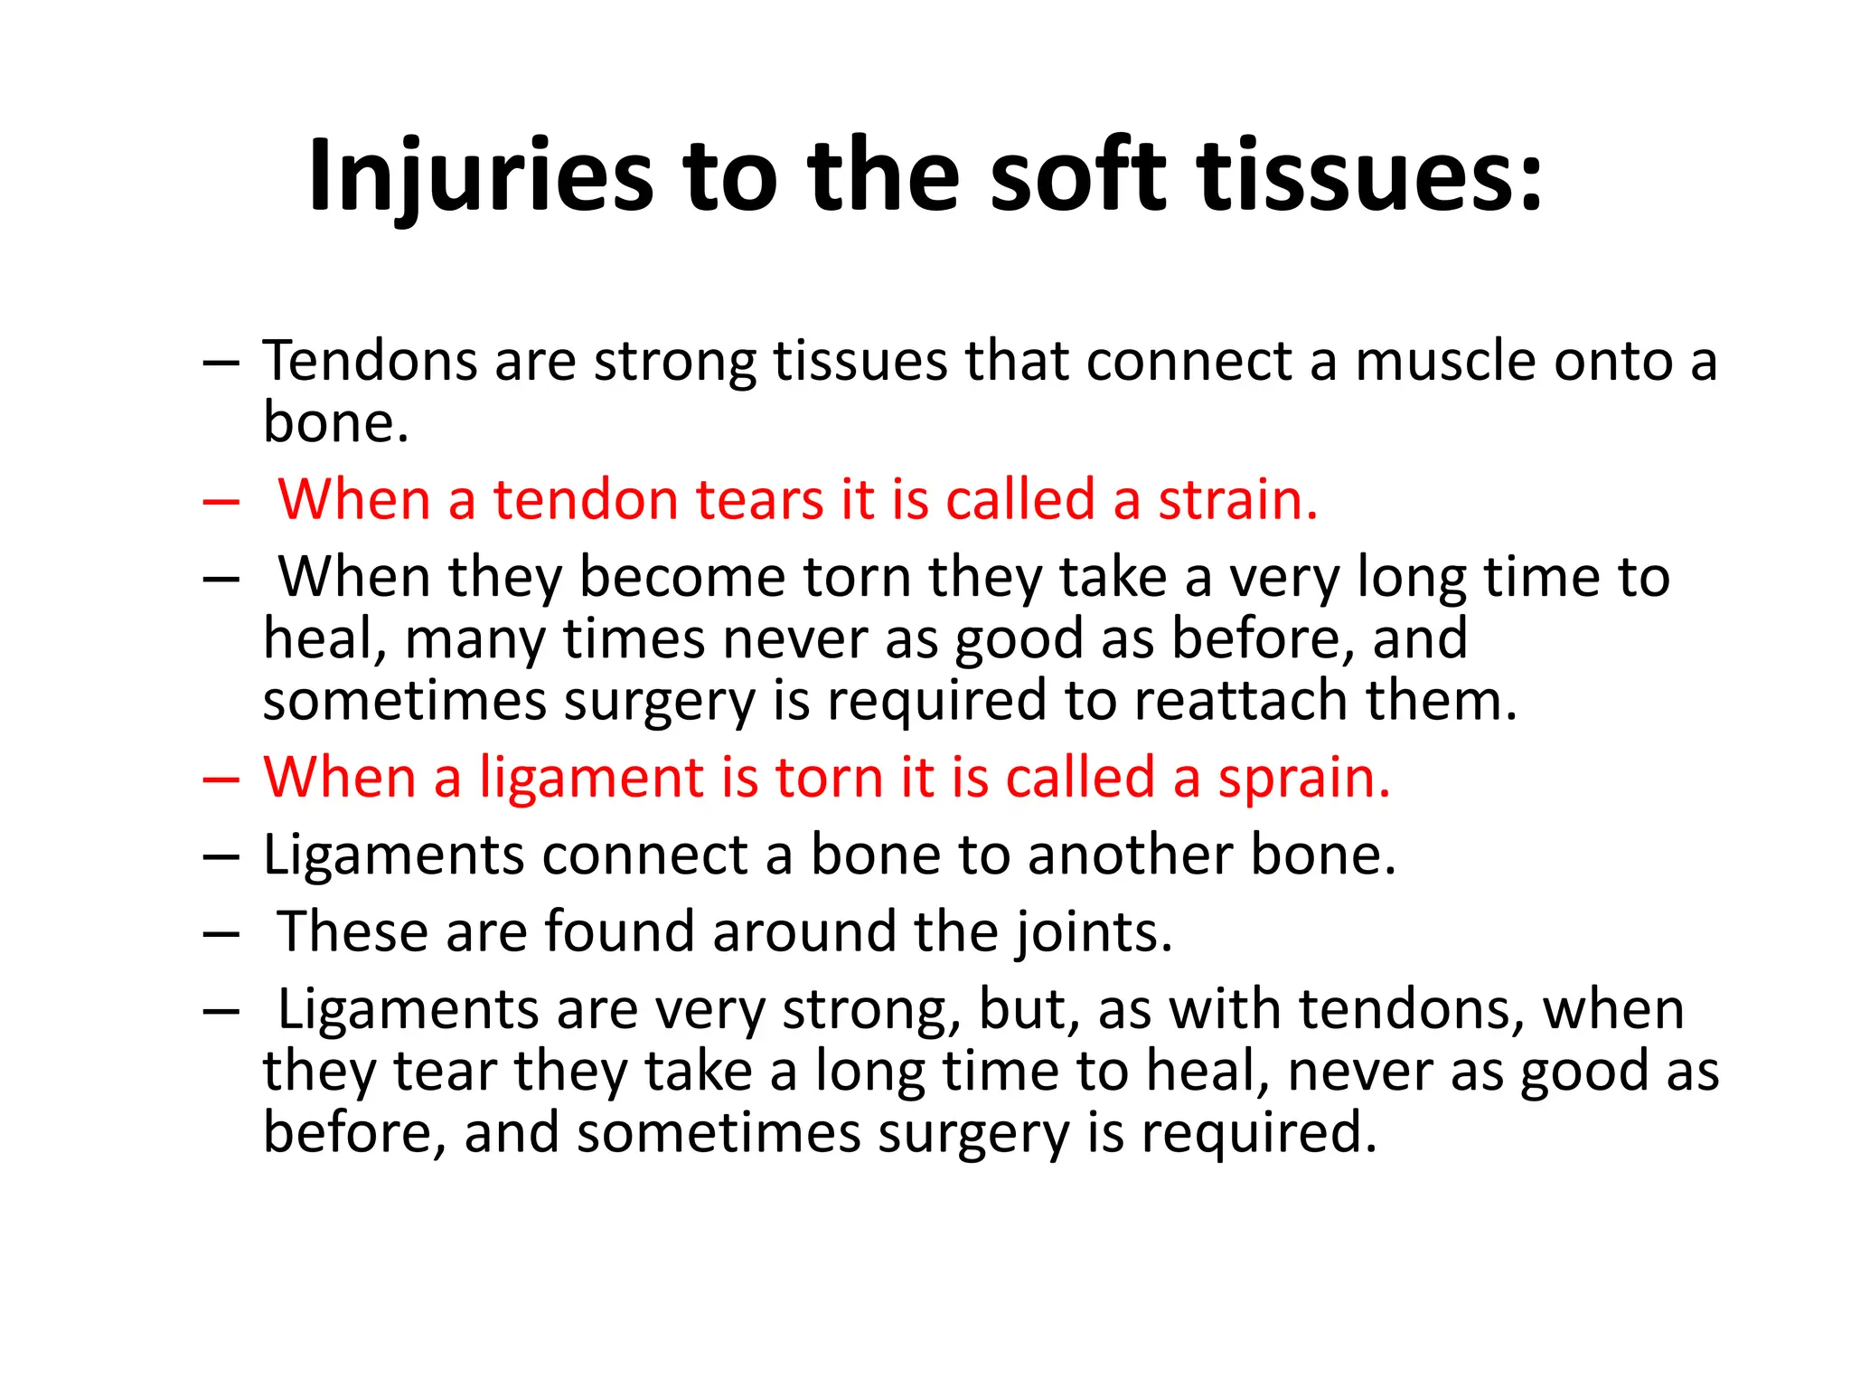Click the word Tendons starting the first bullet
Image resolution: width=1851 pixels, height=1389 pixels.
click(x=370, y=362)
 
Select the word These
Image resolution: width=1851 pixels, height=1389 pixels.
click(x=352, y=932)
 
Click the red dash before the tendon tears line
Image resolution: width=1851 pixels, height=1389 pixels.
click(x=221, y=502)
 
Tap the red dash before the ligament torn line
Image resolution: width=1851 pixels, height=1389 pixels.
click(x=221, y=780)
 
